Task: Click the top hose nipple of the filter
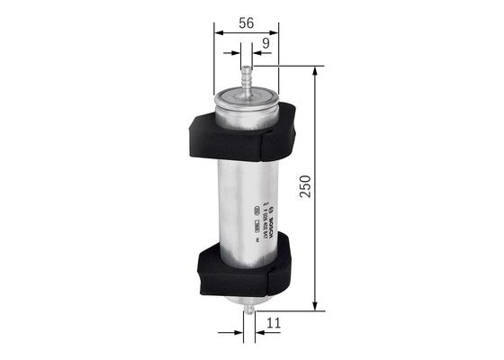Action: coord(247,73)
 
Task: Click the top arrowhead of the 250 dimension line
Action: coord(314,71)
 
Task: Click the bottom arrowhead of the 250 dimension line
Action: coord(314,306)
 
